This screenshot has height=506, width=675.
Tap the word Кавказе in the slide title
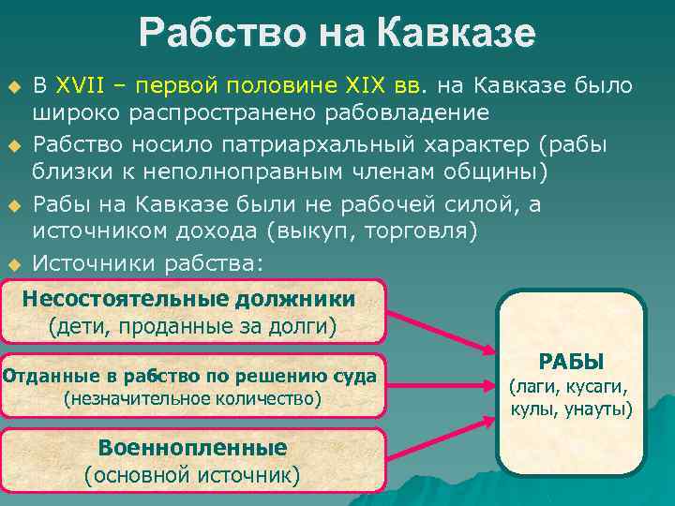click(x=457, y=34)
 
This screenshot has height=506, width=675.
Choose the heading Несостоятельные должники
click(x=188, y=299)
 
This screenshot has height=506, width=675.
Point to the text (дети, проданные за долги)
click(x=192, y=327)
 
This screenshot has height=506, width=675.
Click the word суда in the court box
click(x=355, y=377)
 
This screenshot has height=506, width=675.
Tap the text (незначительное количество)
click(x=192, y=399)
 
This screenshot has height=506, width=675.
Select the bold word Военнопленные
click(x=192, y=446)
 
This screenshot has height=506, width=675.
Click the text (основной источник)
click(x=192, y=474)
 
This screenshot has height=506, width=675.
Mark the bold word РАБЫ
click(x=571, y=362)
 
